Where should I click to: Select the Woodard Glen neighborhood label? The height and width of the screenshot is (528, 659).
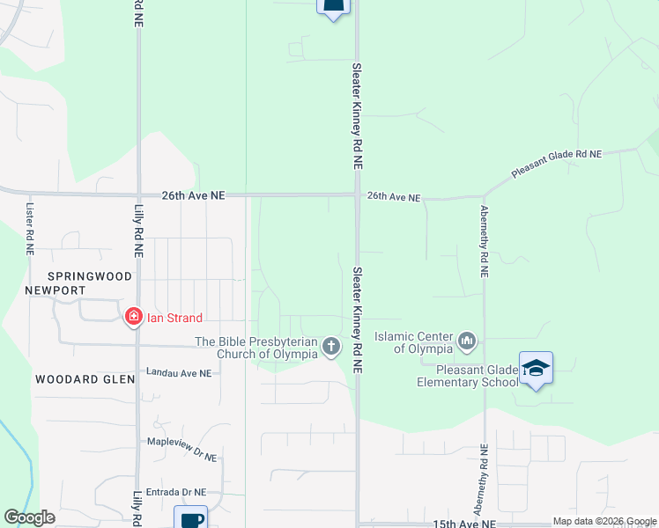click(x=85, y=379)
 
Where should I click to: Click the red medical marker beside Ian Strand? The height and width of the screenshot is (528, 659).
click(x=134, y=317)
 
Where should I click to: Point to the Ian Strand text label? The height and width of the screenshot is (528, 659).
click(x=174, y=318)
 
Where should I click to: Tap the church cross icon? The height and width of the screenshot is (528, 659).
click(x=330, y=347)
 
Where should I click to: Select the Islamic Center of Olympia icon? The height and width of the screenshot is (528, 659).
click(x=466, y=340)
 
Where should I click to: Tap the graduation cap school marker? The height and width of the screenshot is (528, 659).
click(x=536, y=369)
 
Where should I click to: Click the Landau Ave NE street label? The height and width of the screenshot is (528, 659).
click(x=179, y=373)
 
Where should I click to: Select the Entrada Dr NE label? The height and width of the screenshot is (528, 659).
click(x=176, y=493)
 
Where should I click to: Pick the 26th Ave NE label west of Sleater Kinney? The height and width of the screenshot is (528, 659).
click(x=193, y=196)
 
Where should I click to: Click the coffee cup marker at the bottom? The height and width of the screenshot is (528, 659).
click(x=190, y=518)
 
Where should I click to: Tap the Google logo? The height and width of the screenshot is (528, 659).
click(x=29, y=517)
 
